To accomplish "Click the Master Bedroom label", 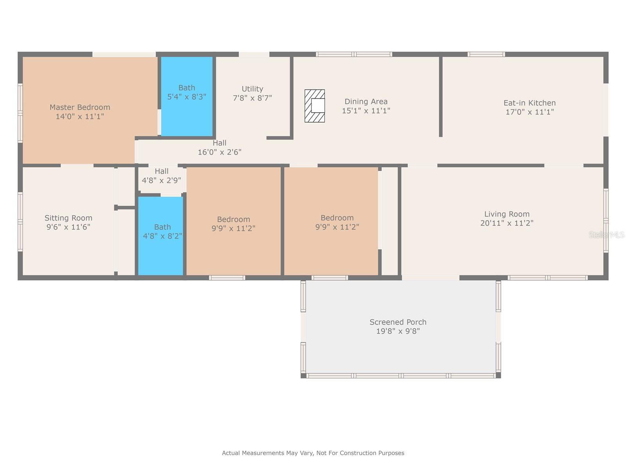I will (80, 107).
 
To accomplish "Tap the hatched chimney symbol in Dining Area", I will (315, 106).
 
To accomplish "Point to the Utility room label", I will (252, 89).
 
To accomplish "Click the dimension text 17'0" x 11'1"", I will (529, 112).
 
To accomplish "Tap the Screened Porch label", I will (398, 322).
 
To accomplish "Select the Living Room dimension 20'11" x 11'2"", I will (507, 223).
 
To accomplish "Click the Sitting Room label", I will (68, 218).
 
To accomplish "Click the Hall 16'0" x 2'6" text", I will (219, 148).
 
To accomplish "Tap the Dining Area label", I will (366, 102).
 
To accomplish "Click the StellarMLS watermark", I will (606, 234).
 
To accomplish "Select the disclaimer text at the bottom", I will (313, 453).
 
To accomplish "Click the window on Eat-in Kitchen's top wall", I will (486, 54).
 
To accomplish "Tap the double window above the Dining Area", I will (354, 54).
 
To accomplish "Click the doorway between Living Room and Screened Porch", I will (430, 278).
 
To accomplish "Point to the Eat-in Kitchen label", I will (529, 103).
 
